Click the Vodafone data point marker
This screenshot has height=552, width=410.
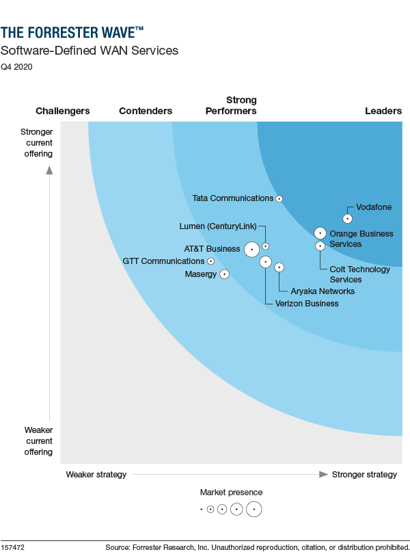point(347,219)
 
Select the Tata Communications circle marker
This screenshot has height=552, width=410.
point(279,198)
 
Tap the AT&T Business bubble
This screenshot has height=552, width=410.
point(251,250)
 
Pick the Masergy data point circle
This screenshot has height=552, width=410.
point(224,274)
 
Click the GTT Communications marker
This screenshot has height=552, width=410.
point(210,261)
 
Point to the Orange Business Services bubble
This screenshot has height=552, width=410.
point(320,233)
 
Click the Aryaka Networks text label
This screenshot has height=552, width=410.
point(323,291)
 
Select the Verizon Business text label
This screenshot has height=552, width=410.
point(306,304)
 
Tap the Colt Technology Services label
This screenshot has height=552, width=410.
point(359,274)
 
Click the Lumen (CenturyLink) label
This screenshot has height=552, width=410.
point(219,226)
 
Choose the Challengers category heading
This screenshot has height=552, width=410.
point(62,111)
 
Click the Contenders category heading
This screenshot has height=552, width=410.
point(146,111)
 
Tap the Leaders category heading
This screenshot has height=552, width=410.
point(383,111)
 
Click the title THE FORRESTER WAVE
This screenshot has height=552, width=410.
point(72,32)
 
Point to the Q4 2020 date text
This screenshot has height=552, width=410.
point(16,67)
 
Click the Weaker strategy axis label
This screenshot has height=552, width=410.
point(96,475)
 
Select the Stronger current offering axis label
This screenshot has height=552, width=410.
point(36,143)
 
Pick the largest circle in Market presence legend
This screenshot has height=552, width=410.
point(254,509)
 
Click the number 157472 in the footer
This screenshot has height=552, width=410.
point(14,547)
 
